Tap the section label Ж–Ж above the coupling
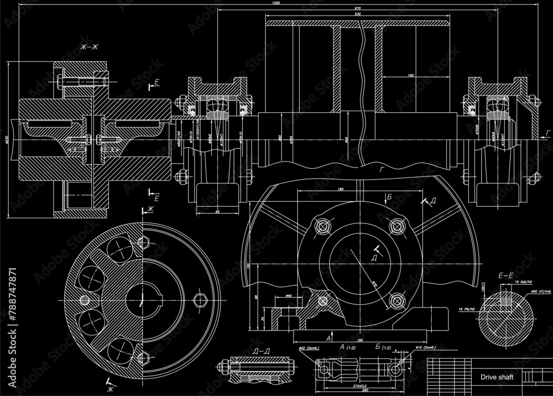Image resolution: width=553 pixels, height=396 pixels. pyautogui.click(x=89, y=49)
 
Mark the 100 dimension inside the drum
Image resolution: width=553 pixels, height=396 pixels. pyautogui.click(x=410, y=75)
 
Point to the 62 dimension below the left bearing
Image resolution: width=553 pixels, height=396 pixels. pyautogui.click(x=217, y=211)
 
